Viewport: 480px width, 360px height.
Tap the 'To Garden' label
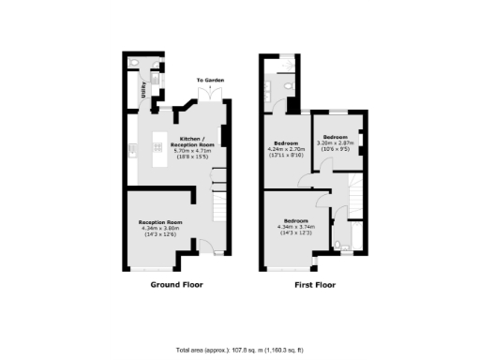coord(210,82)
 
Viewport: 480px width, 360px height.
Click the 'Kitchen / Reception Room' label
coord(197,141)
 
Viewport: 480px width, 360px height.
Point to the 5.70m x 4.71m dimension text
coord(197,151)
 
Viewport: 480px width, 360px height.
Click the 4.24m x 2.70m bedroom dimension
coord(285,149)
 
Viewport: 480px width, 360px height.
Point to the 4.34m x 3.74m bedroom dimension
coord(296,227)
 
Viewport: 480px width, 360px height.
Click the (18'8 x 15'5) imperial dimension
coord(197,157)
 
